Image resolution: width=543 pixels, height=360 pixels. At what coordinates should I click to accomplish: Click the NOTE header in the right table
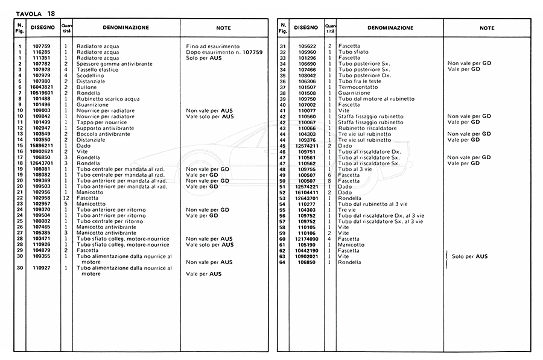click(x=486, y=28)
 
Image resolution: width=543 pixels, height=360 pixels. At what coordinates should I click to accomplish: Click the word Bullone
click(x=87, y=86)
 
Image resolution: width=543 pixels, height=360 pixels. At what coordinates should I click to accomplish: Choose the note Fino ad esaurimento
click(x=212, y=46)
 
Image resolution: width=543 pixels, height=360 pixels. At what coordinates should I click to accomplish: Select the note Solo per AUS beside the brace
click(x=472, y=256)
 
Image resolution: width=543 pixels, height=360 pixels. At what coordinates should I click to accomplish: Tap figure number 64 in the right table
click(x=282, y=262)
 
